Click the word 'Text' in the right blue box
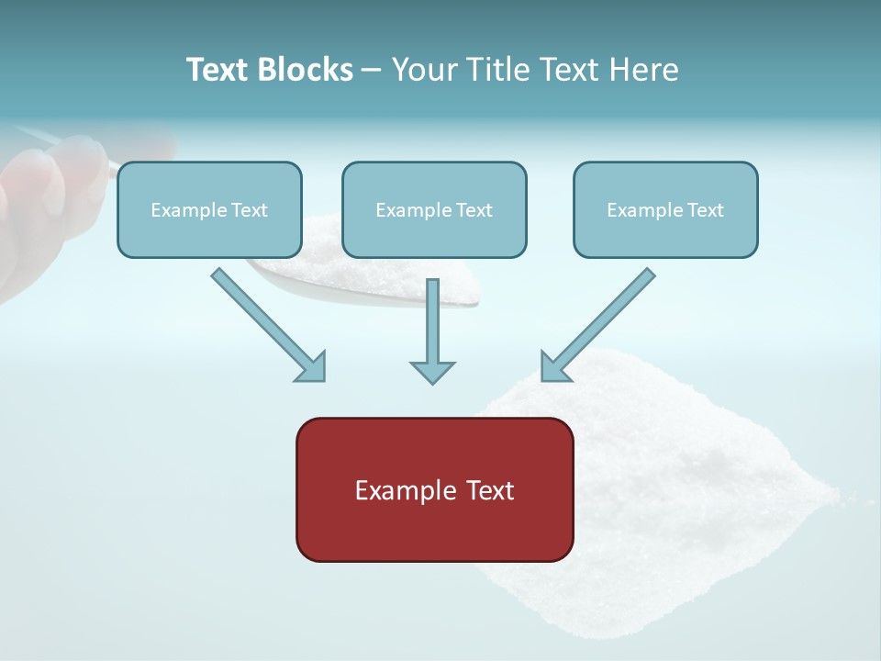point(705,210)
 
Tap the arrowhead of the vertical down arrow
point(432,371)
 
